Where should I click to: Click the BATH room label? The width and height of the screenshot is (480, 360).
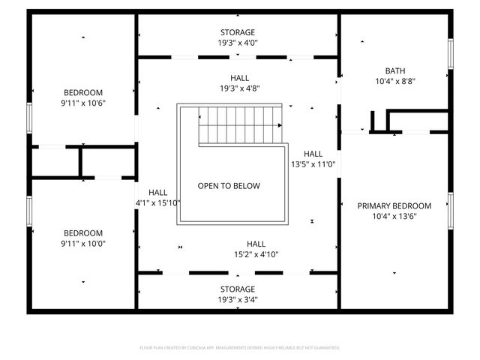[x=394, y=71]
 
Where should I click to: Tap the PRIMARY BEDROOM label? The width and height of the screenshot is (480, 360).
[x=394, y=205]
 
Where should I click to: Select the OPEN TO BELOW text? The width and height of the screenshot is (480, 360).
[x=229, y=186]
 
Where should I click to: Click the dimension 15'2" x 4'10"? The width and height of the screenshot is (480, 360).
[x=256, y=254]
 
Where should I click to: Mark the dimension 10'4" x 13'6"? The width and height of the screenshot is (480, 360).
[x=394, y=216]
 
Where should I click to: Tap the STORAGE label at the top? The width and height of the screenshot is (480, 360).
[x=237, y=32]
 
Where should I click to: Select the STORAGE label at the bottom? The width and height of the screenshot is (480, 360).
[x=237, y=289]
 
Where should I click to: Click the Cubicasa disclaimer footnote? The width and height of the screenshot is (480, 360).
[x=240, y=348]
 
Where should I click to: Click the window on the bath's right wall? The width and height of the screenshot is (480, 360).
[x=451, y=55]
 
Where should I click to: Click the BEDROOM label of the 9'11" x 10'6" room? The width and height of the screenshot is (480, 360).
[x=83, y=92]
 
